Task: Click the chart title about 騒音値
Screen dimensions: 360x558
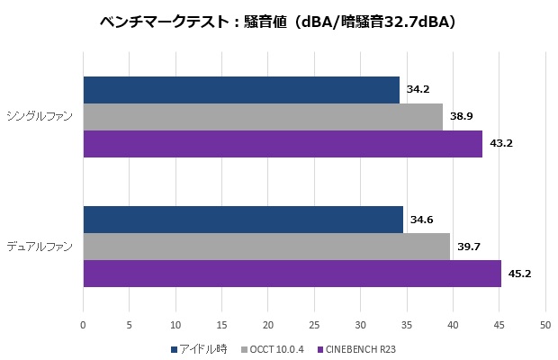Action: pos(278,22)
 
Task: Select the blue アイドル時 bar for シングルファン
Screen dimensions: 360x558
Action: pos(241,90)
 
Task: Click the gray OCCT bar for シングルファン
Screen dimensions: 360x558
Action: pos(263,117)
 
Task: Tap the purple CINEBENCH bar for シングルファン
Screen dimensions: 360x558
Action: pos(283,144)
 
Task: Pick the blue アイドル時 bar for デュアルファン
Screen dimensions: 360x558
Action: pos(243,220)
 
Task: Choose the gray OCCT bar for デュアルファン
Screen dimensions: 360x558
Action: pos(266,247)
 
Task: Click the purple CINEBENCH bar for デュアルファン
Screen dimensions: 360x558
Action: pos(292,274)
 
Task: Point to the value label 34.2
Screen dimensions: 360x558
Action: pos(417,90)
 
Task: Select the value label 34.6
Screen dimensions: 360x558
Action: pos(420,220)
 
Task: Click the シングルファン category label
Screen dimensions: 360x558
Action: pos(40,116)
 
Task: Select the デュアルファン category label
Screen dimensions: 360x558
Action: pos(40,246)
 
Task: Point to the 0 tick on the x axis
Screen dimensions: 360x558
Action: pos(84,325)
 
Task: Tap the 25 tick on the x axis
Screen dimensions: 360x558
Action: pos(314,325)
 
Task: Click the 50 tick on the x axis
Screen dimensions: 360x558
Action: pos(544,325)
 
